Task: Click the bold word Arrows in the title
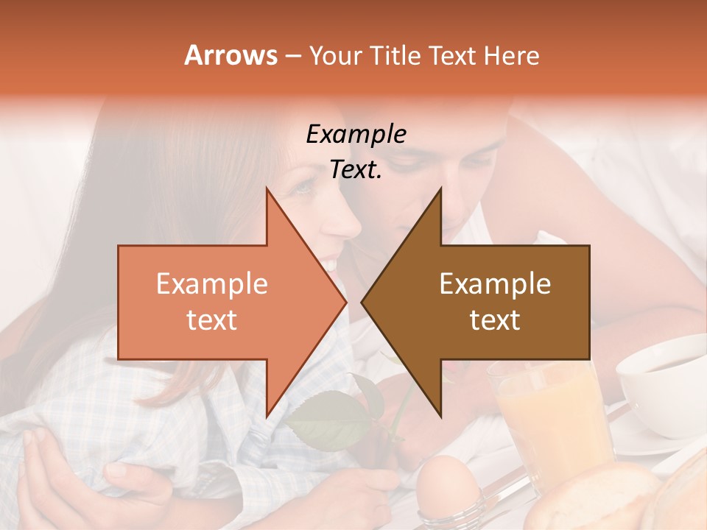pyautogui.click(x=231, y=55)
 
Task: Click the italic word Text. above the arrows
pyautogui.click(x=356, y=170)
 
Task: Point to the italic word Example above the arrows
pyautogui.click(x=356, y=135)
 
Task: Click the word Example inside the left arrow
pyautogui.click(x=212, y=284)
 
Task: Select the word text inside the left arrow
pyautogui.click(x=212, y=320)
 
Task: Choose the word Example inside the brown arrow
pyautogui.click(x=495, y=284)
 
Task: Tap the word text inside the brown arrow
pyautogui.click(x=495, y=320)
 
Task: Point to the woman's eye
pyautogui.click(x=303, y=190)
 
